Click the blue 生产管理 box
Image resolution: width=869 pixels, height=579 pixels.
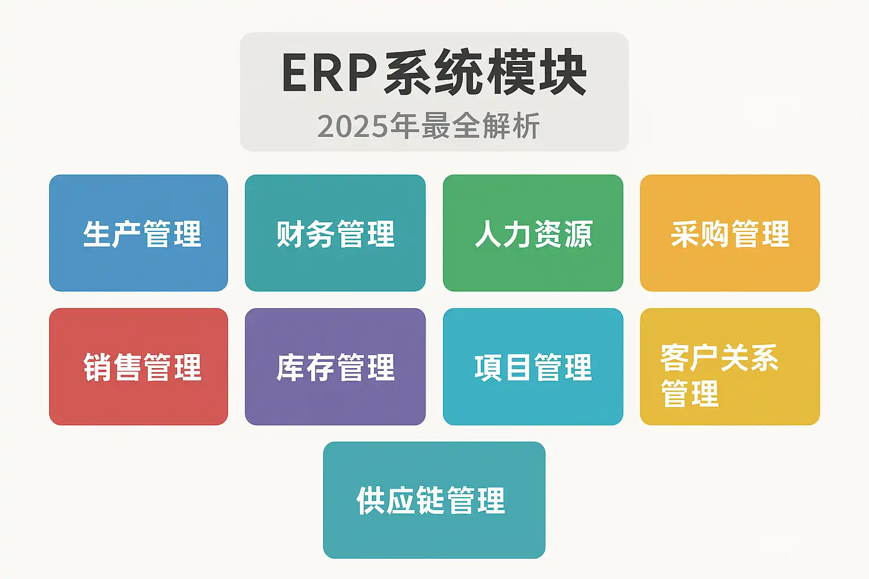139,233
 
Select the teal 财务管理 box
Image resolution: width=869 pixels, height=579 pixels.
335,233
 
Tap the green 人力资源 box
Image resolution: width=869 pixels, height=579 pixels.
533,233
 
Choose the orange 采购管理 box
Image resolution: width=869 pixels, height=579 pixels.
730,233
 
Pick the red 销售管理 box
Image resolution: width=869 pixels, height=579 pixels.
139,366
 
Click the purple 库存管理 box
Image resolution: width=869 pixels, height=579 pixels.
335,366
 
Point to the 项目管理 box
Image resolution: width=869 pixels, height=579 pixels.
533,366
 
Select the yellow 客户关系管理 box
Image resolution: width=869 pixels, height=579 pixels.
730,366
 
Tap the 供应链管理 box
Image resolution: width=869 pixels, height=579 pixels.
434,500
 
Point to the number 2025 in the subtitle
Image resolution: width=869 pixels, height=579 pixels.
352,126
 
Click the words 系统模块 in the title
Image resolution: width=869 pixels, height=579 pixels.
485,72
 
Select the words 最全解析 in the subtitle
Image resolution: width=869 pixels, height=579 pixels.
480,126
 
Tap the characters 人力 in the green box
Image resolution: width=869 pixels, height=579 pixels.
504,234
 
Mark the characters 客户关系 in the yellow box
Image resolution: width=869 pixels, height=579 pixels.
720,358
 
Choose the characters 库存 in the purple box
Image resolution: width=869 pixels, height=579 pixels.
306,368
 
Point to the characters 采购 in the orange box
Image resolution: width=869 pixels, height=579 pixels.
700,234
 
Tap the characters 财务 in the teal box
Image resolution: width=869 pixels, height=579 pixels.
306,234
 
